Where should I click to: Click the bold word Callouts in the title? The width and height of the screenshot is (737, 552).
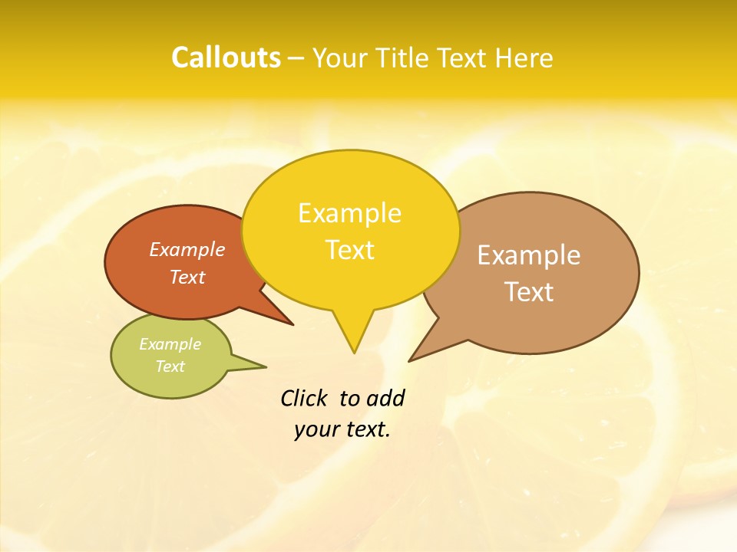226,58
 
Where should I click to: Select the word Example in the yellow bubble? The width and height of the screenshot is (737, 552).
349,213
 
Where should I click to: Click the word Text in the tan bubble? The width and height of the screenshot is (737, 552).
528,292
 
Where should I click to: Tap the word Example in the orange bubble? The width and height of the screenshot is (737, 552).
187,250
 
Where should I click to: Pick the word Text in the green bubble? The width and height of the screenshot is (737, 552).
170,366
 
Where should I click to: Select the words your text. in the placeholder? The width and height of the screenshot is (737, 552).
342,429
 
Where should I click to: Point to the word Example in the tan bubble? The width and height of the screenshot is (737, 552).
528,255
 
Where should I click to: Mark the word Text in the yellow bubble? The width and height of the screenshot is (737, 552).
349,250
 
